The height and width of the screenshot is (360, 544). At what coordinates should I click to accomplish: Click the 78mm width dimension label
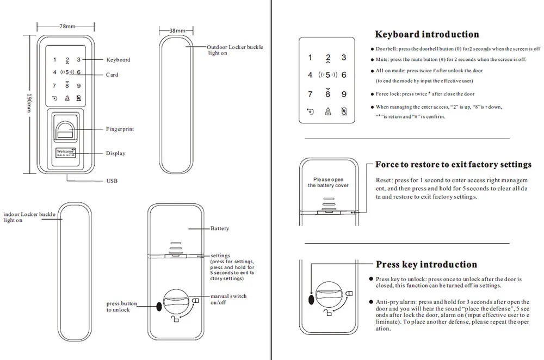pos(67,26)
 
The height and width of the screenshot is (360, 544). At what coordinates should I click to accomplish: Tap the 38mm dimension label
pos(177,30)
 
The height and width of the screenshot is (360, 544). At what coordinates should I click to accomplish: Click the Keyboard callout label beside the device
pos(118,60)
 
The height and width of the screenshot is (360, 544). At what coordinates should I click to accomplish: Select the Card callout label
pos(112,75)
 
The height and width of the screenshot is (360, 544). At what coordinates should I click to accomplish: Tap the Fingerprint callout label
pos(120,129)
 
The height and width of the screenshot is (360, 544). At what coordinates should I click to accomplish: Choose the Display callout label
pos(115,153)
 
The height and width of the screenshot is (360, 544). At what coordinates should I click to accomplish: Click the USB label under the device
pos(112,181)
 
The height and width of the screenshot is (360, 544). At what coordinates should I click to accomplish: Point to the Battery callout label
pos(220,229)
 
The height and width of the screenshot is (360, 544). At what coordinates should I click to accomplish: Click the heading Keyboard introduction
pos(427,34)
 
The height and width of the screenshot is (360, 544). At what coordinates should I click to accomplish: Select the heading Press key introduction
pos(426,265)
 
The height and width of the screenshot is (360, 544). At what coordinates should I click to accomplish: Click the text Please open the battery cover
pos(328,183)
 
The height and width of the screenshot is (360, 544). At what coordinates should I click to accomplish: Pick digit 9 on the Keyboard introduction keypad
pos(344,95)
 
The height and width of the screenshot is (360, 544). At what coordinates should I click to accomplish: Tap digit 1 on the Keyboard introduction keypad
pos(310,58)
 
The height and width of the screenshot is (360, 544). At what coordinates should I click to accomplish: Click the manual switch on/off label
pos(229,299)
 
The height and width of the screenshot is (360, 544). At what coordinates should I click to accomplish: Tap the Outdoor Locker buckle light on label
pos(235,50)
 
